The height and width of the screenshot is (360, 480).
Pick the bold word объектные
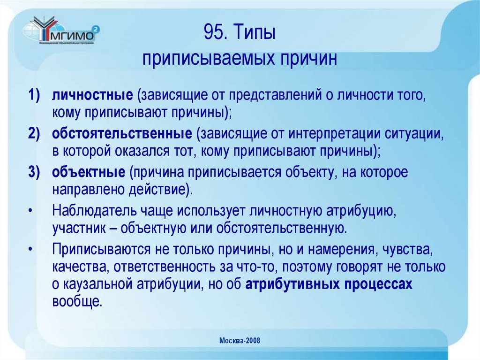(88, 173)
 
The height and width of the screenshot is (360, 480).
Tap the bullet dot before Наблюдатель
(30, 211)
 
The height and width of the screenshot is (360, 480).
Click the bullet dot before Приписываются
(30, 249)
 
